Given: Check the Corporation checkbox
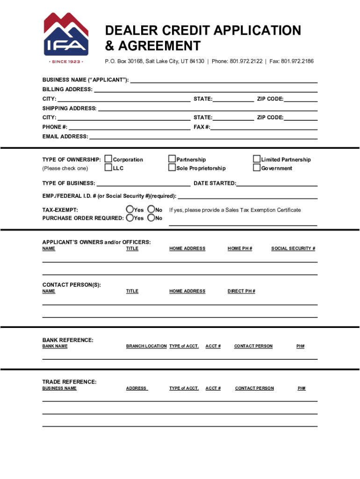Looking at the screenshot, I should click(x=108, y=160).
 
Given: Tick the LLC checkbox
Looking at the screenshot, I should click(x=108, y=168).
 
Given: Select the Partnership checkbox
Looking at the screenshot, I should click(x=172, y=160).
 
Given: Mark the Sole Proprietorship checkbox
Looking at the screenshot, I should click(x=172, y=168).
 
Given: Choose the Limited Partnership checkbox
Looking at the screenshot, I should click(x=256, y=160).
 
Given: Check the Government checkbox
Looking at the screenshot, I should click(x=256, y=168).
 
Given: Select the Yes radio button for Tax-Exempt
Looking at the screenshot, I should click(x=130, y=210).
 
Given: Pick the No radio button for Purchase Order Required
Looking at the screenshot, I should click(x=151, y=218).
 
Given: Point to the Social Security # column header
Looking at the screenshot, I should click(x=293, y=248).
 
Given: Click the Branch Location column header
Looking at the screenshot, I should click(x=146, y=346).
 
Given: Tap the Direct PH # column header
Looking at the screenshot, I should click(x=241, y=291).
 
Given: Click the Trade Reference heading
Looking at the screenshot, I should click(x=69, y=382).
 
